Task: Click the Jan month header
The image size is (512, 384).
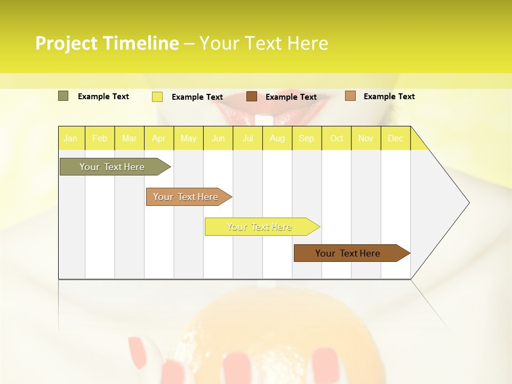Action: tap(70, 139)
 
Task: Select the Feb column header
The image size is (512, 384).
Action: tap(100, 139)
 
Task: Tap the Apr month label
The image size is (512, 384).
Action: tap(158, 139)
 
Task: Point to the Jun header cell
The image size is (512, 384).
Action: tap(218, 139)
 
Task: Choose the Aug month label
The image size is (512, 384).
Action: tap(277, 139)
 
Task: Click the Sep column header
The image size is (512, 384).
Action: tap(306, 139)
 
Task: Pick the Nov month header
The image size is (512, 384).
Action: tap(366, 139)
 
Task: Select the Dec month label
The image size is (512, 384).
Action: tap(395, 139)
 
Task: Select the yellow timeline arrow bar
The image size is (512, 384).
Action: tap(260, 227)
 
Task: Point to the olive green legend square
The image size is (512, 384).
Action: tap(63, 96)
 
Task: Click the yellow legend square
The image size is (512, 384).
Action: tap(157, 97)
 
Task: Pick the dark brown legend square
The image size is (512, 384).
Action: tap(252, 97)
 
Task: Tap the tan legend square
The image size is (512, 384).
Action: tap(350, 96)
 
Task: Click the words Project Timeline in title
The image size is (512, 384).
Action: tap(107, 43)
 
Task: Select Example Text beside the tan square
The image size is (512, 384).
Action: tap(389, 97)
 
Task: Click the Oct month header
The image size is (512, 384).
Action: tap(337, 139)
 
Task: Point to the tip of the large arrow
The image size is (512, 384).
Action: tap(468, 203)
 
